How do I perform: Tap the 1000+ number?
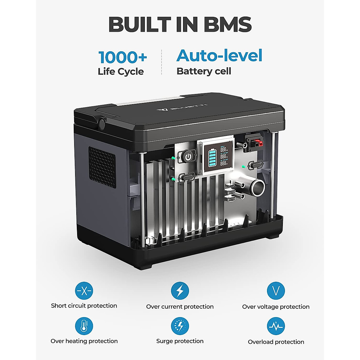pyautogui.click(x=123, y=57)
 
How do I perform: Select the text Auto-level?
pyautogui.click(x=219, y=55)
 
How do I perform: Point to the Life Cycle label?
pyautogui.click(x=121, y=71)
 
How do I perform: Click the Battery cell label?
pyautogui.click(x=204, y=71)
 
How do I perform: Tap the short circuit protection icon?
pyautogui.click(x=84, y=291)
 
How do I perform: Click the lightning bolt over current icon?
pyautogui.click(x=180, y=291)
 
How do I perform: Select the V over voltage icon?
pyautogui.click(x=276, y=291)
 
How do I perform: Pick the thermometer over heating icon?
pyautogui.click(x=84, y=326)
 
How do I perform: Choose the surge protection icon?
pyautogui.click(x=180, y=326)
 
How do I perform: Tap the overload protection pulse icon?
pyautogui.click(x=276, y=326)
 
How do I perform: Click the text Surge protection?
pyautogui.click(x=180, y=341)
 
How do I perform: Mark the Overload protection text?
pyautogui.click(x=276, y=342)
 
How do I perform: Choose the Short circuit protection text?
pyautogui.click(x=84, y=306)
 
